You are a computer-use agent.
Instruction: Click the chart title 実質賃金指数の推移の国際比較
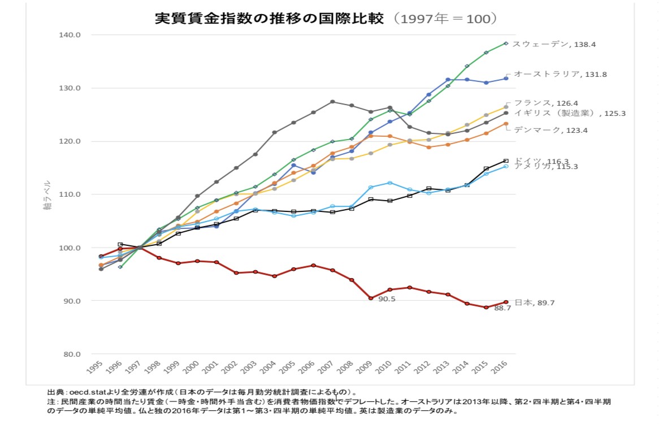point(270,18)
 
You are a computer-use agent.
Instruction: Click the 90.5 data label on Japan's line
point(387,299)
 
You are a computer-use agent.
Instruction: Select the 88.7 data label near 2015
point(502,309)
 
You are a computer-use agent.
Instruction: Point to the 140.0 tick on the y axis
point(71,35)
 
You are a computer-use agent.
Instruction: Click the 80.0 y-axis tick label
point(72,354)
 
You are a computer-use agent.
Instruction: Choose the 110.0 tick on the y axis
point(71,194)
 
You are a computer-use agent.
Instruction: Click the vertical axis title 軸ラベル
point(47,196)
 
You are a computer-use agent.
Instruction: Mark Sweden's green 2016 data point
point(506,44)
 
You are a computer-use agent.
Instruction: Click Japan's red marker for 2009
point(371,298)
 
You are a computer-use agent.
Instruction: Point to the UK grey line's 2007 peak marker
point(332,102)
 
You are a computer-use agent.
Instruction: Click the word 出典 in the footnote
point(55,391)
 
